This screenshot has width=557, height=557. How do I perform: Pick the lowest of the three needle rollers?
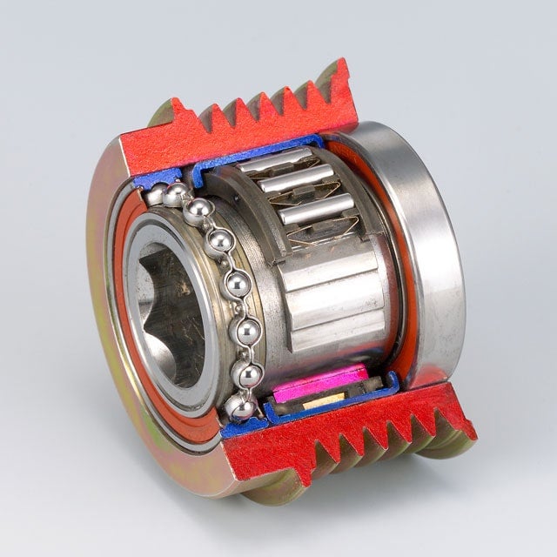pyautogui.click(x=317, y=210)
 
